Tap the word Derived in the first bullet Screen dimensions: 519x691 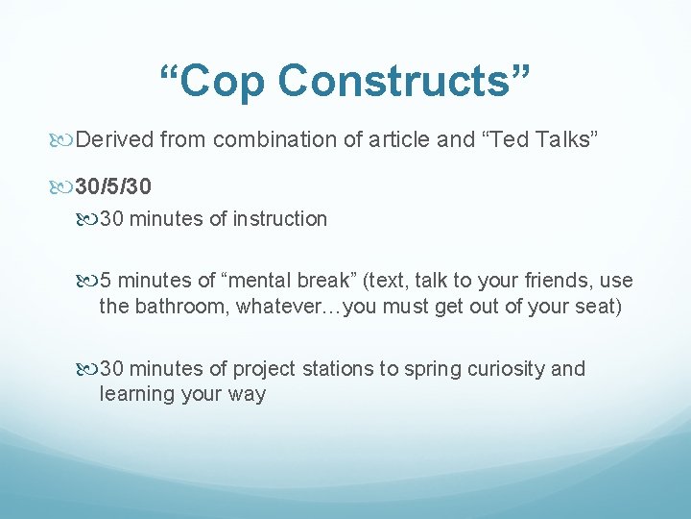pyautogui.click(x=115, y=140)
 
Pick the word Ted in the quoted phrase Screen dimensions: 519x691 pyautogui.click(x=511, y=140)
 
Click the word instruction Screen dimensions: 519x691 pyautogui.click(x=279, y=219)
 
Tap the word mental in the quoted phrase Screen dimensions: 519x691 pyautogui.click(x=261, y=281)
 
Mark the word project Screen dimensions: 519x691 pyautogui.click(x=264, y=369)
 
